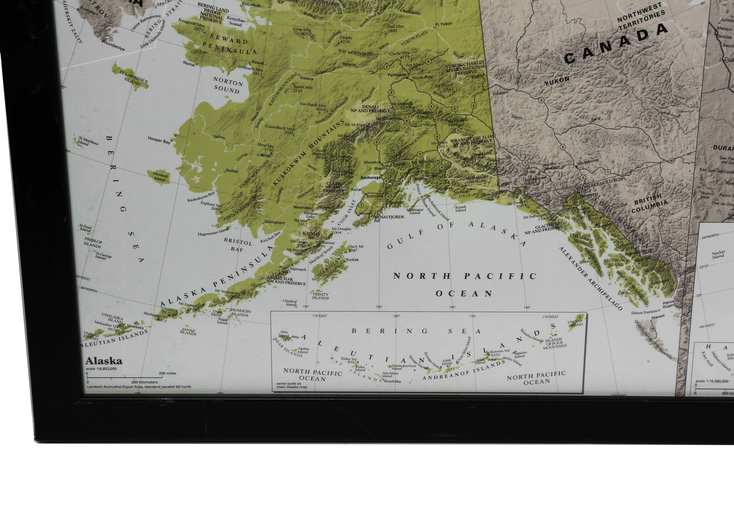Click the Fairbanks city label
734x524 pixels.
[397, 75]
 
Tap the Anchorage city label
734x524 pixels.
[370, 177]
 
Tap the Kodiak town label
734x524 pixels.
[353, 259]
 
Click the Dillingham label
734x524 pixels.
[274, 222]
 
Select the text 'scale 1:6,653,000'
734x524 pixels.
[101, 369]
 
